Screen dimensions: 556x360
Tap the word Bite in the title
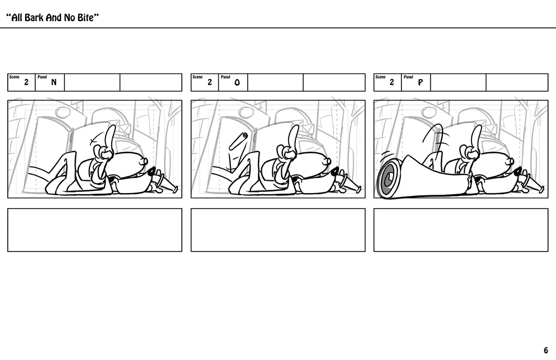point(86,17)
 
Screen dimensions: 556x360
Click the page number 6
point(546,351)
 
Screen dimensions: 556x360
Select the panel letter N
point(54,82)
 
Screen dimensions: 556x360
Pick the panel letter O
point(237,83)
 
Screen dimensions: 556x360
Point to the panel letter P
point(420,83)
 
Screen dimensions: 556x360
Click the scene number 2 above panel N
point(26,82)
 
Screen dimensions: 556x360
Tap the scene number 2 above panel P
point(392,82)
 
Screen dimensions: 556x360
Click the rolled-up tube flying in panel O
point(239,141)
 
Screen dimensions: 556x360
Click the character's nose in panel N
point(145,161)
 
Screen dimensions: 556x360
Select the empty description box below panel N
point(95,230)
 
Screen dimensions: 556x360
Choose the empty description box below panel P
point(461,230)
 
